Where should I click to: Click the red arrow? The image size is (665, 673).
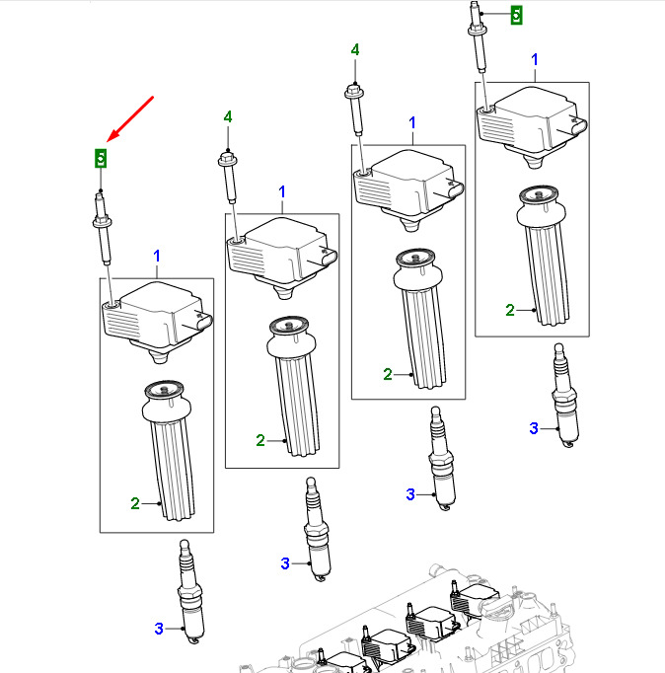(132, 119)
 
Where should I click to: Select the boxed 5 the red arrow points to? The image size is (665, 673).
(101, 156)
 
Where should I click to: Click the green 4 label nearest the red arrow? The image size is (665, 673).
(228, 116)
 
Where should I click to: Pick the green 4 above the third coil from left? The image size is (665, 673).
(355, 49)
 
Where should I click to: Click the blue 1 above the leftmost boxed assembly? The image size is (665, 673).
(156, 257)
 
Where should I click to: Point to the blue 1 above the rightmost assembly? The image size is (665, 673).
(534, 60)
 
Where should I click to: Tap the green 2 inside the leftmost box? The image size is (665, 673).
(135, 503)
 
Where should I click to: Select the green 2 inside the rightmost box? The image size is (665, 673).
(510, 310)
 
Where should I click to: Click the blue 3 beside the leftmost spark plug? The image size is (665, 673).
(158, 628)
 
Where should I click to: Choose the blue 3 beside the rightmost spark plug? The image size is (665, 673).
(534, 428)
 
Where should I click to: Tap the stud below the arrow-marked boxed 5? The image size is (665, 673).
(103, 232)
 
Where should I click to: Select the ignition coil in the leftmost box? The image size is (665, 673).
(158, 316)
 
